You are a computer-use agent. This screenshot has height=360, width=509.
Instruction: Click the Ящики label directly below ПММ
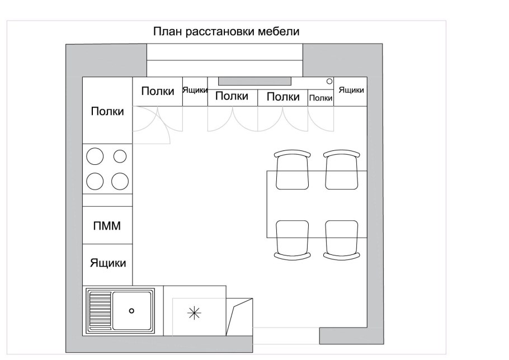point(108,263)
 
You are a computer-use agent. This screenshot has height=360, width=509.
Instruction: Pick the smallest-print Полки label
point(321,98)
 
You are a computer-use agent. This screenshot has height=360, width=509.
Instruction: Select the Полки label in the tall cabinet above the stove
point(108,111)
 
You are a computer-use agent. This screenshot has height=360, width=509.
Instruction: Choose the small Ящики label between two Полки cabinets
point(195,91)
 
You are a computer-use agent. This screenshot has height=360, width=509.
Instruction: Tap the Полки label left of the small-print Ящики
point(157,92)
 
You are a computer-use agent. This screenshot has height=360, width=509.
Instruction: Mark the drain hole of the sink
point(132,311)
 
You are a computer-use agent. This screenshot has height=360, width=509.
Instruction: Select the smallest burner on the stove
point(120,156)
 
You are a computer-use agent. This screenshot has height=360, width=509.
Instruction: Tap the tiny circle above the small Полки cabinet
point(329,82)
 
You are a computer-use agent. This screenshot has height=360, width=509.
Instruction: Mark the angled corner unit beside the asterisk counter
point(239,315)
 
